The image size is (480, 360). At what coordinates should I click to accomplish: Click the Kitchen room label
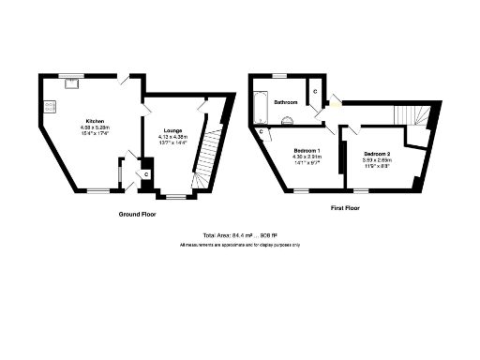[95, 121]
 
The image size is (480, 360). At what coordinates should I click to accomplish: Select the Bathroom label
[286, 101]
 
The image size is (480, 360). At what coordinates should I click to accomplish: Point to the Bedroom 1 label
[307, 151]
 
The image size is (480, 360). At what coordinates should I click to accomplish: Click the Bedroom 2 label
[377, 153]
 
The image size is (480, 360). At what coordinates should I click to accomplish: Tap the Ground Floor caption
[137, 214]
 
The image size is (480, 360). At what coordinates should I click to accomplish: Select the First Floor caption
[345, 208]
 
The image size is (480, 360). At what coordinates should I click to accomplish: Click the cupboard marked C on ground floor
[147, 174]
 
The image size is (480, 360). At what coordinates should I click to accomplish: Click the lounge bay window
[175, 196]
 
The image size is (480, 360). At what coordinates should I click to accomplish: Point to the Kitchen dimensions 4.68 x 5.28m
[95, 128]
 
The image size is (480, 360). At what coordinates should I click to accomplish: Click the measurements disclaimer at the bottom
[240, 245]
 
